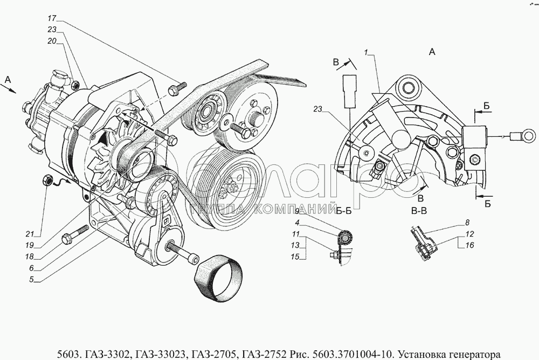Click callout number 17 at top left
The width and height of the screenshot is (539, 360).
[x=52, y=18]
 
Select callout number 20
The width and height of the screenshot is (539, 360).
[x=52, y=41]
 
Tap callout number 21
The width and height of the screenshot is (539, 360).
[x=30, y=234]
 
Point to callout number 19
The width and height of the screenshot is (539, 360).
[x=29, y=246]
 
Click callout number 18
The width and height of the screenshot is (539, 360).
[x=29, y=257]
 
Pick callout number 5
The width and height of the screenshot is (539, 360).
[x=31, y=280]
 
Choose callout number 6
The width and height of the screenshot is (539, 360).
[x=31, y=268]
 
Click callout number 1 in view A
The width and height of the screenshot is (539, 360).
[x=367, y=52]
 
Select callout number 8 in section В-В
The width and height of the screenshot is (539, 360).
[x=467, y=223]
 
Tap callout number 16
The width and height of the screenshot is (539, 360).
[x=469, y=245]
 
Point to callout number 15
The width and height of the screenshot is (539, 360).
[x=295, y=257]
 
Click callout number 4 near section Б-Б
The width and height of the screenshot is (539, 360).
[x=298, y=223]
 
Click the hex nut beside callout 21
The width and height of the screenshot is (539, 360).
[x=47, y=180]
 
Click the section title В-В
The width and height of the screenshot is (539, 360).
[x=419, y=211]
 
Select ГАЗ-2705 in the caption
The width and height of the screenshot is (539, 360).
[x=220, y=354]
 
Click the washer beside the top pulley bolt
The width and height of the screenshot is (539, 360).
[x=226, y=122]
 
